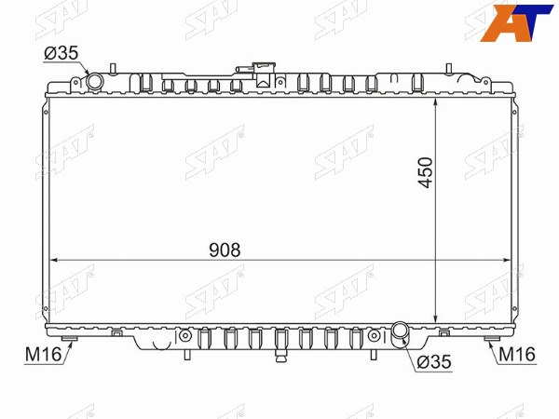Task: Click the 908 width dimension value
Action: [225, 250]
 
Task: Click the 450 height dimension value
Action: [426, 172]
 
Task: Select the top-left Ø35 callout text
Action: [61, 53]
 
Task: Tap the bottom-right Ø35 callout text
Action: [434, 362]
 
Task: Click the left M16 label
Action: [43, 355]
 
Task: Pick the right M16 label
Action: [517, 355]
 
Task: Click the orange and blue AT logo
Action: [517, 22]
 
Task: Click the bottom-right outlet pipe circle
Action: [401, 331]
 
